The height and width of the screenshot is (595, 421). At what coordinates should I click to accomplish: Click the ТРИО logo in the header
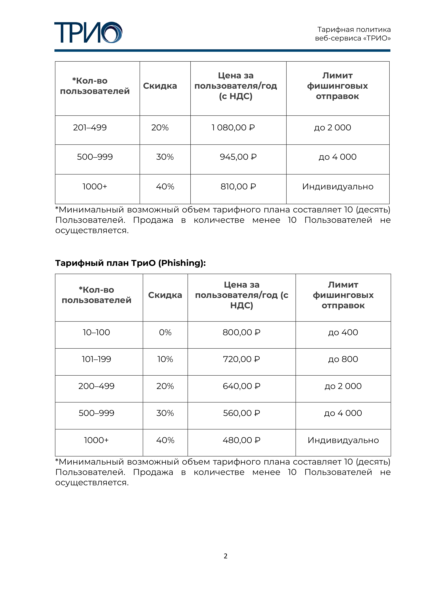88,32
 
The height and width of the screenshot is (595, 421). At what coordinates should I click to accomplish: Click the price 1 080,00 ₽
233,128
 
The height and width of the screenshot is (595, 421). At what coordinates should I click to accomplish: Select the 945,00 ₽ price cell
238,157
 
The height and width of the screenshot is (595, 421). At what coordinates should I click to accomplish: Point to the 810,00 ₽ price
238,187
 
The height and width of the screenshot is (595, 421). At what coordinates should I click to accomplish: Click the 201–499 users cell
90,128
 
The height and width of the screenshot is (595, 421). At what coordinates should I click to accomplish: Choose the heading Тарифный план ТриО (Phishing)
130,263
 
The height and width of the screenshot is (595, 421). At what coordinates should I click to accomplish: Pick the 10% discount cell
165,359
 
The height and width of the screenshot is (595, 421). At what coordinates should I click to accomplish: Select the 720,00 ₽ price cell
241,359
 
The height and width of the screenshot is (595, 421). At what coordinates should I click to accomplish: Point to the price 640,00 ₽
241,386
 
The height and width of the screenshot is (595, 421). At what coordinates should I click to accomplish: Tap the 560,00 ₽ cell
241,413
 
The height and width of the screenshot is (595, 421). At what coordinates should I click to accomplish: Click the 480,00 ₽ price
241,440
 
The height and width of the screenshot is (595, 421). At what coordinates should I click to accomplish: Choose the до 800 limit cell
343,359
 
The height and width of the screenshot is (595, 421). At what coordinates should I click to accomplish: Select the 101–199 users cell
96,359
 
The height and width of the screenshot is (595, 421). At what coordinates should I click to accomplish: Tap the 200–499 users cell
96,386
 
